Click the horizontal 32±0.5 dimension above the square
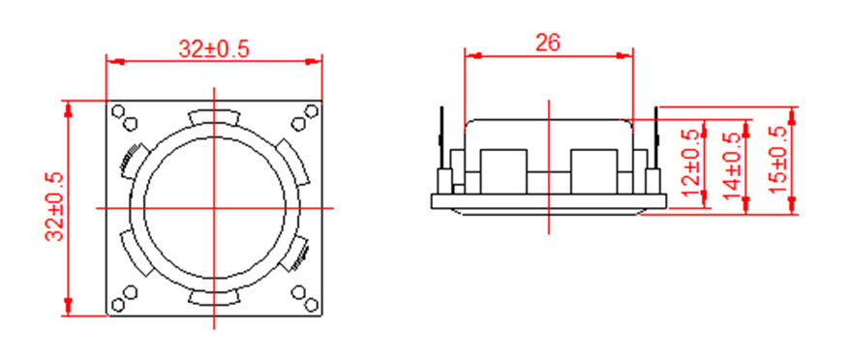tap(214, 49)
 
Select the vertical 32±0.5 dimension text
tap(55, 206)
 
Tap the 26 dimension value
tap(548, 43)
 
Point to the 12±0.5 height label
tap(690, 164)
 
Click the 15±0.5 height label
tap(778, 160)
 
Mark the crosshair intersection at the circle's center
tap(214, 208)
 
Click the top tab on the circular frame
tap(214, 118)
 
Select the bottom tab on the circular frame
tap(214, 297)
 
